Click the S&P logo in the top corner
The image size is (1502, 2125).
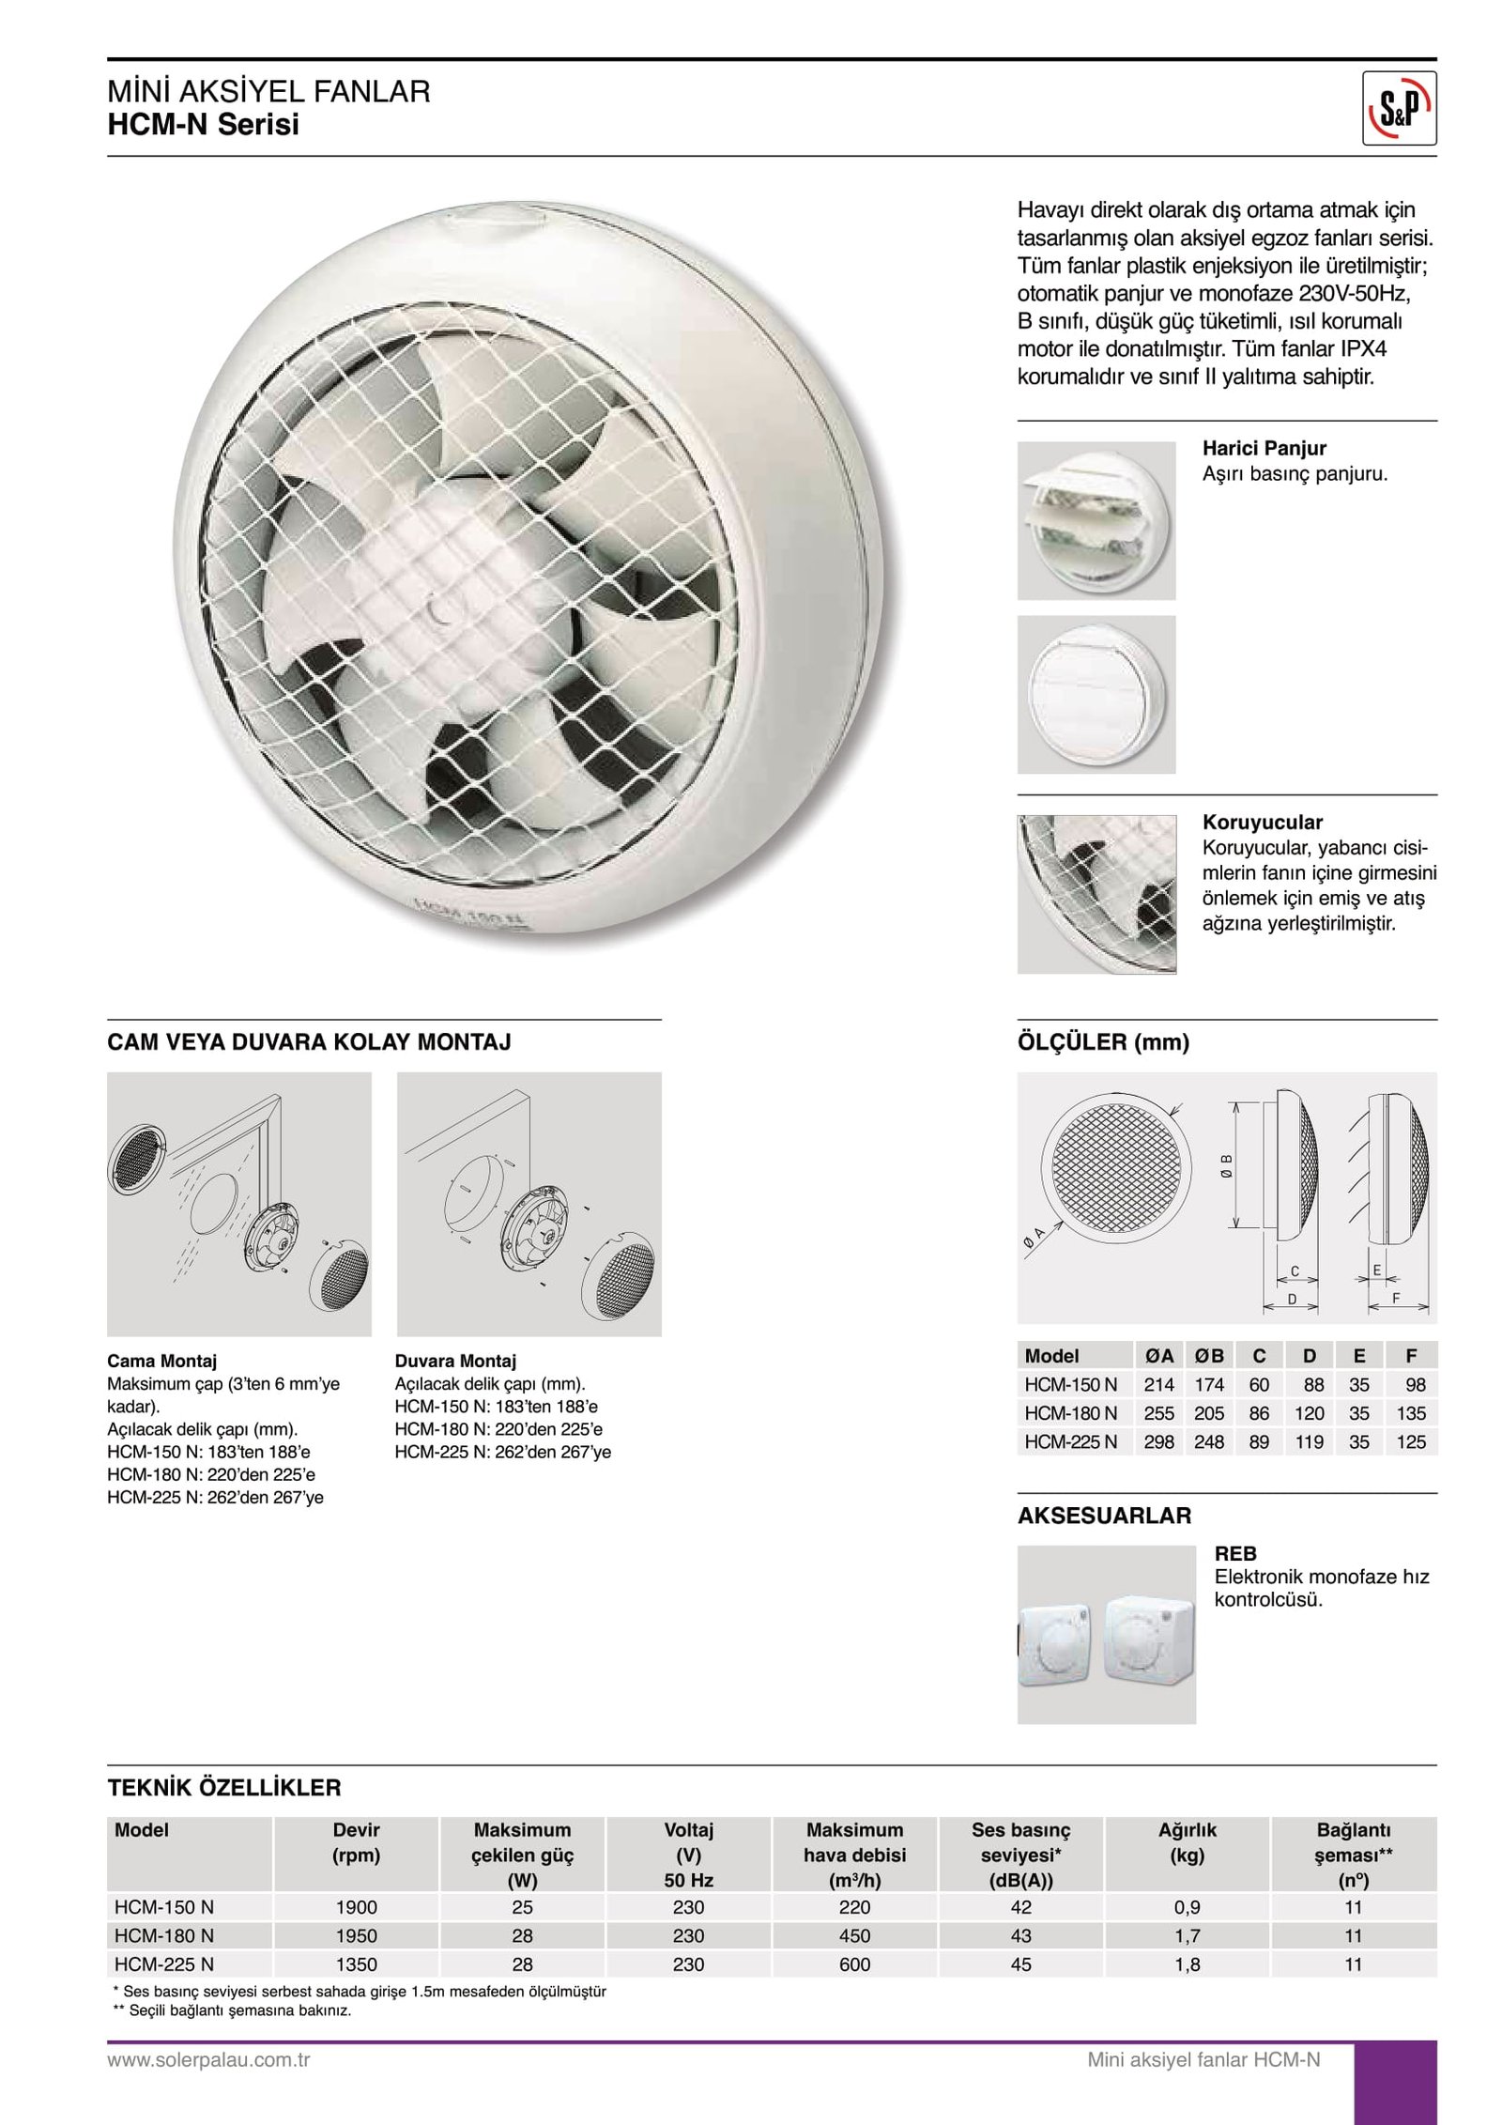point(1398,109)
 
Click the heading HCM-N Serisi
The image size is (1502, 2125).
point(203,124)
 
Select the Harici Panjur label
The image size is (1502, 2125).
point(1264,448)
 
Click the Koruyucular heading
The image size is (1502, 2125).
point(1262,822)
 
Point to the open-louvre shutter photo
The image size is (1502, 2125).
point(1096,520)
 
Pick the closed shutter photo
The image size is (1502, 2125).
point(1096,694)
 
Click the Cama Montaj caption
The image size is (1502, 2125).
point(161,1361)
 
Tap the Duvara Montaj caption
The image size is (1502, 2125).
point(455,1361)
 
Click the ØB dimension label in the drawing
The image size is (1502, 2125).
point(1227,1164)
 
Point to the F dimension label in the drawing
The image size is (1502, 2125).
point(1396,1298)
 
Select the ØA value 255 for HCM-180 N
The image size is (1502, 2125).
point(1158,1413)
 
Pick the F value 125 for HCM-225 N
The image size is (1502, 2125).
point(1410,1441)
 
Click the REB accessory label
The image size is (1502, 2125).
point(1234,1553)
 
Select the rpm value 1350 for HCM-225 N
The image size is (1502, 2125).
point(356,1963)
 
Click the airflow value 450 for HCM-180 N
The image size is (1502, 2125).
point(854,1935)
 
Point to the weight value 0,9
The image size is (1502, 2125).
point(1187,1907)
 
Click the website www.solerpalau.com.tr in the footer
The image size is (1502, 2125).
point(208,2059)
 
